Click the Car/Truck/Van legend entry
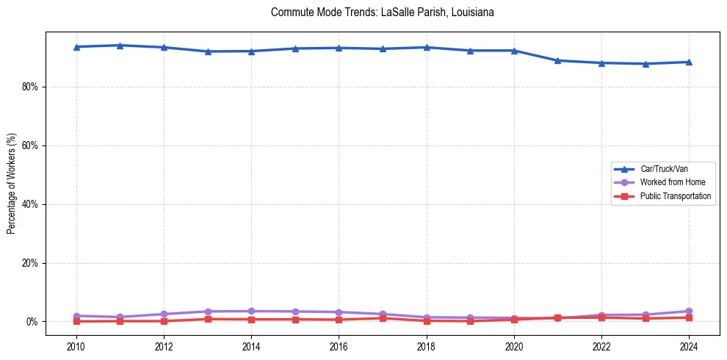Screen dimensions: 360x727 click(664, 169)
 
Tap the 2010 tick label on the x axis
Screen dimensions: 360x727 click(76, 346)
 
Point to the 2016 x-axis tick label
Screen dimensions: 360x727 click(339, 346)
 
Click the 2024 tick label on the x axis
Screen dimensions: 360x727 click(689, 346)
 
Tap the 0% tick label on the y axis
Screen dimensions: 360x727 click(32, 322)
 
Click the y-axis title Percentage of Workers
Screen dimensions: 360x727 click(12, 183)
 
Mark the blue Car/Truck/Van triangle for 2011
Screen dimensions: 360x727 click(120, 46)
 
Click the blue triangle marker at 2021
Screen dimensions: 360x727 click(557, 60)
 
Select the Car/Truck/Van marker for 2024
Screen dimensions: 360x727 click(689, 62)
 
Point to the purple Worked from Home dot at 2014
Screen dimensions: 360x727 click(251, 311)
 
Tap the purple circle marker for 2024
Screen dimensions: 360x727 click(689, 311)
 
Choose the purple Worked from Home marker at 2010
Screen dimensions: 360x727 click(76, 316)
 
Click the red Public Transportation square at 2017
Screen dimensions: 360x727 click(383, 318)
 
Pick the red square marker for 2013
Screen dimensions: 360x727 click(207, 319)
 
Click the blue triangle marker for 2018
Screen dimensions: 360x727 click(427, 47)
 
